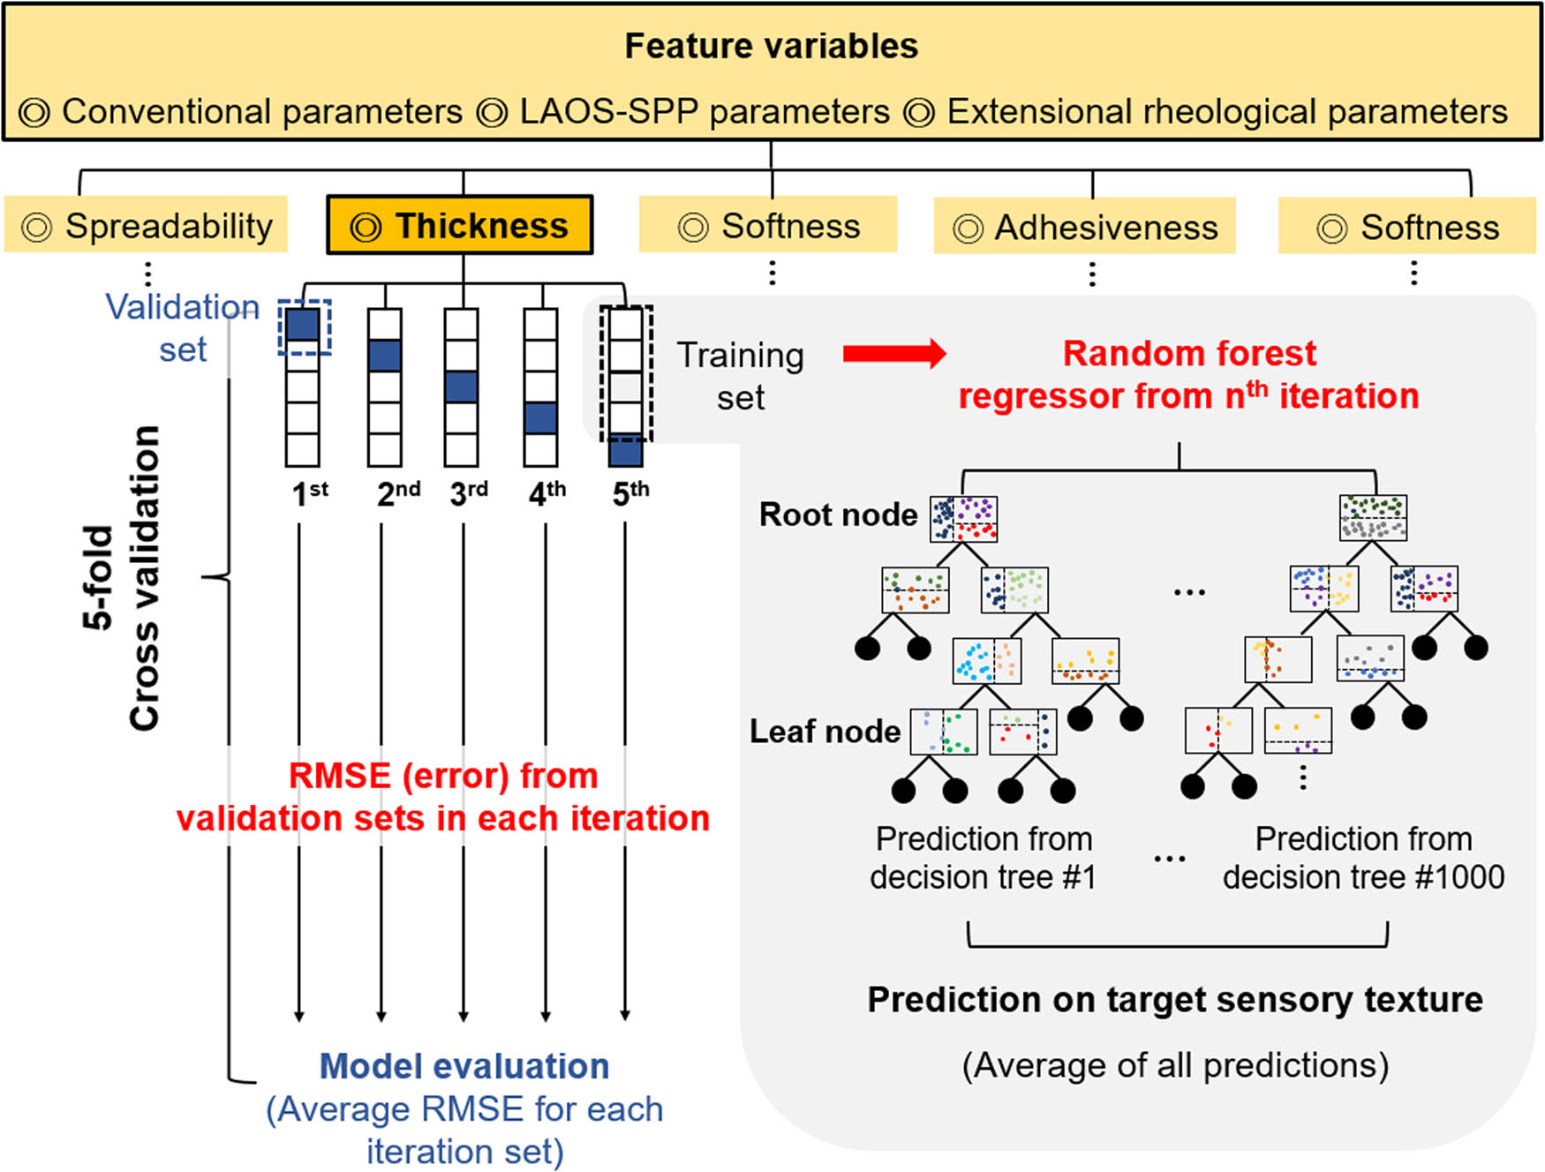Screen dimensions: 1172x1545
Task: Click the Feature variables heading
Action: [771, 46]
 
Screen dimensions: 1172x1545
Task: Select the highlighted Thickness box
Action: [459, 226]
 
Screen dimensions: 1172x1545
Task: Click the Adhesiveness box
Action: [1086, 228]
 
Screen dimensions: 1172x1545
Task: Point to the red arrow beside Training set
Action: [893, 354]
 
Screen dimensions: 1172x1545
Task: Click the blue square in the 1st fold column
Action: [303, 324]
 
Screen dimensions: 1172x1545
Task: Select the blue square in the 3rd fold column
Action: [462, 387]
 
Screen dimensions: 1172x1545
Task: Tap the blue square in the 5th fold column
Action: [625, 452]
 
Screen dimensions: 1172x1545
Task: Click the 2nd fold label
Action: [397, 492]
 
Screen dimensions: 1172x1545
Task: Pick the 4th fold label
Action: [546, 492]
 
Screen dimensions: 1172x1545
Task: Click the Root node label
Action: [838, 515]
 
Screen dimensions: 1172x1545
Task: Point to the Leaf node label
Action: [825, 732]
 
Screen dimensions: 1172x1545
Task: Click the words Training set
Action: [740, 376]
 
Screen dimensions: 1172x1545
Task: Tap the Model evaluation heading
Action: [464, 1066]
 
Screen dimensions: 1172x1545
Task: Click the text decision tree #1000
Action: [1363, 877]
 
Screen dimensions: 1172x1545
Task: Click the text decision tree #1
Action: [983, 877]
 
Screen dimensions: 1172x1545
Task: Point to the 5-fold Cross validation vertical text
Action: [122, 578]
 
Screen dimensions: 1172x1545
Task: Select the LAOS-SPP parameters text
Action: [704, 112]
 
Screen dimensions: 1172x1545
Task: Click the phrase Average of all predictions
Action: [1175, 1065]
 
